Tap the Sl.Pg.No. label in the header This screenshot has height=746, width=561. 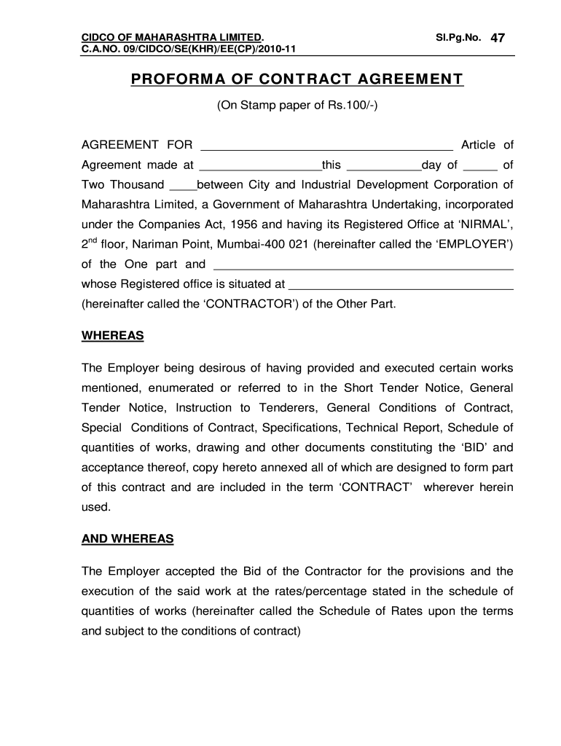pos(458,37)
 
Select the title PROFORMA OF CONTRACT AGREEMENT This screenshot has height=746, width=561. pos(297,79)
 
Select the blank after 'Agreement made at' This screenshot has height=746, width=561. pos(260,165)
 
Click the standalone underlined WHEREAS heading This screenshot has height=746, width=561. pos(112,337)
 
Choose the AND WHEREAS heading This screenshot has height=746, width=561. pos(127,539)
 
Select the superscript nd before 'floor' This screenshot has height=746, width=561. pos(91,240)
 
